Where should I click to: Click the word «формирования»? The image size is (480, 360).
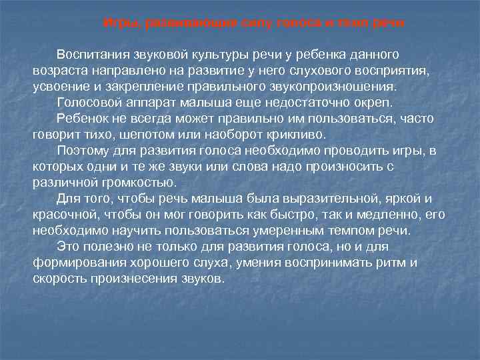pyautogui.click(x=75, y=263)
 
